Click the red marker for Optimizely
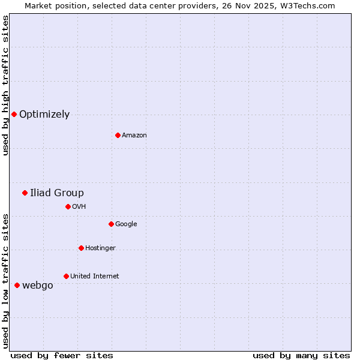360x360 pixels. pyautogui.click(x=14, y=114)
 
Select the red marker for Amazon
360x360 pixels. pyautogui.click(x=118, y=135)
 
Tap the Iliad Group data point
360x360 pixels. pyautogui.click(x=25, y=193)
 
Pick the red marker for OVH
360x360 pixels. pyautogui.click(x=68, y=206)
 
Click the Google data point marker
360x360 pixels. pyautogui.click(x=111, y=224)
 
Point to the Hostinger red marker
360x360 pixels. pyautogui.click(x=81, y=248)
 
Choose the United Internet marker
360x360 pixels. pyautogui.click(x=66, y=276)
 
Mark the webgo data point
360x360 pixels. pyautogui.click(x=17, y=285)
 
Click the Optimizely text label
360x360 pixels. pyautogui.click(x=44, y=115)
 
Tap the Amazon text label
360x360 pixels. pyautogui.click(x=134, y=136)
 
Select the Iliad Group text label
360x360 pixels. pyautogui.click(x=57, y=193)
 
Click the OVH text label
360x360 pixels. pyautogui.click(x=79, y=207)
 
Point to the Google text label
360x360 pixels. pyautogui.click(x=126, y=224)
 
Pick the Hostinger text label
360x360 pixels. pyautogui.click(x=100, y=248)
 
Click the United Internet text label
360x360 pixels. pyautogui.click(x=94, y=277)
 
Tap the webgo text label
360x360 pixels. pyautogui.click(x=37, y=286)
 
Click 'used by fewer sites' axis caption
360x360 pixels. pyautogui.click(x=62, y=355)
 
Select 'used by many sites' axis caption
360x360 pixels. pyautogui.click(x=301, y=355)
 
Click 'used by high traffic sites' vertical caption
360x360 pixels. pyautogui.click(x=5, y=85)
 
